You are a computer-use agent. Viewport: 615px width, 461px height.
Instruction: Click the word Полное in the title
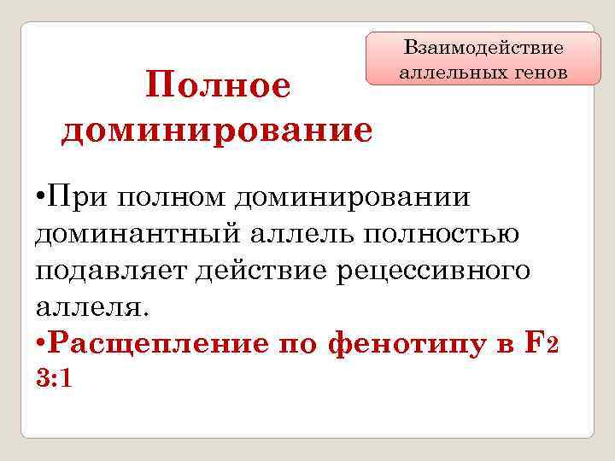(x=219, y=86)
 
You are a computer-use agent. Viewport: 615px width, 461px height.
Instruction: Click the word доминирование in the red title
(x=217, y=131)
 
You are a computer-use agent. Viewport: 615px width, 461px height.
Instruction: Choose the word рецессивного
(x=435, y=271)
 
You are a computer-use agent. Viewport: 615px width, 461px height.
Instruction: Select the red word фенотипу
(x=402, y=343)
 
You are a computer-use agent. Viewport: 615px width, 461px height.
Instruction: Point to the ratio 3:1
(x=54, y=379)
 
